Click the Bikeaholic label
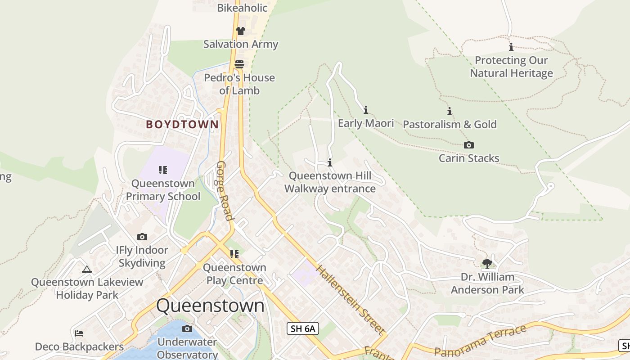tap(242, 8)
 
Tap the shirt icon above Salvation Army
tap(241, 31)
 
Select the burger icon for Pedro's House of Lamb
tap(239, 64)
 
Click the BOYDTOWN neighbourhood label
tap(182, 125)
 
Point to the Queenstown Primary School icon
tap(163, 170)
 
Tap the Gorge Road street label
tap(225, 190)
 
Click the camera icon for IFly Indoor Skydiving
tap(142, 237)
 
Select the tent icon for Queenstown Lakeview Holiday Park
tap(87, 269)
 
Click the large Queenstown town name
tap(210, 306)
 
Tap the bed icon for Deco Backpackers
tap(79, 333)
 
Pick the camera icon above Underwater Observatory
tap(187, 329)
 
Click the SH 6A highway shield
tap(303, 328)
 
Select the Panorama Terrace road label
tap(480, 341)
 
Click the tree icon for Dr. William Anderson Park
tap(487, 263)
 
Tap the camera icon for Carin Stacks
tap(469, 145)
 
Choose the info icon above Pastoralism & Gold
tap(449, 111)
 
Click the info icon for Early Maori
tap(366, 110)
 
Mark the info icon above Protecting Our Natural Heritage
tap(511, 47)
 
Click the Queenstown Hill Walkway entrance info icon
tap(330, 162)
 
